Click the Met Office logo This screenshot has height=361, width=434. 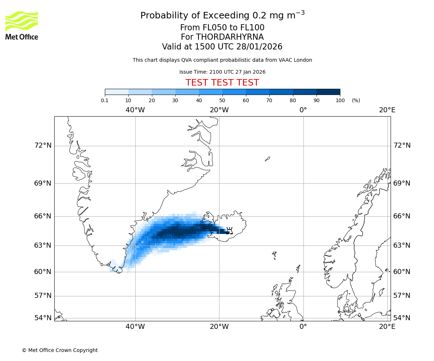tap(22, 25)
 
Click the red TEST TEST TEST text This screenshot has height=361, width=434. tap(222, 83)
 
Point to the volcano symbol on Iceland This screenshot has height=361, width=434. tap(229, 231)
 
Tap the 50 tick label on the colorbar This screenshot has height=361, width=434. tap(222, 100)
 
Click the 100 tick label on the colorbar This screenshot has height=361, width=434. tap(340, 100)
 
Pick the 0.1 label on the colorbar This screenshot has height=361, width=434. tap(105, 100)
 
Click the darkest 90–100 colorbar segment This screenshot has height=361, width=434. tap(328, 92)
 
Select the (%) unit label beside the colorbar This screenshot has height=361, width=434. tap(356, 100)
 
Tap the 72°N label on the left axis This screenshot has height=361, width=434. tap(43, 145)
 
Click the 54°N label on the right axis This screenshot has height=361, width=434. tap(402, 318)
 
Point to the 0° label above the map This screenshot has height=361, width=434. tap(303, 110)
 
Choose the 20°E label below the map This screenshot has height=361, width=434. tap(387, 327)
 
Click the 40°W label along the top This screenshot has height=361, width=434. tap(135, 110)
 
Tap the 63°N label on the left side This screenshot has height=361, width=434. tap(43, 245)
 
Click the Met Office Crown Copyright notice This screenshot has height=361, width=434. tap(60, 350)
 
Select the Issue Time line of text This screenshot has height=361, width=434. tap(222, 72)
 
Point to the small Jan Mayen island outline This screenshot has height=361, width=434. tap(267, 159)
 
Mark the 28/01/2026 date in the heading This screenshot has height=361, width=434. tap(259, 47)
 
